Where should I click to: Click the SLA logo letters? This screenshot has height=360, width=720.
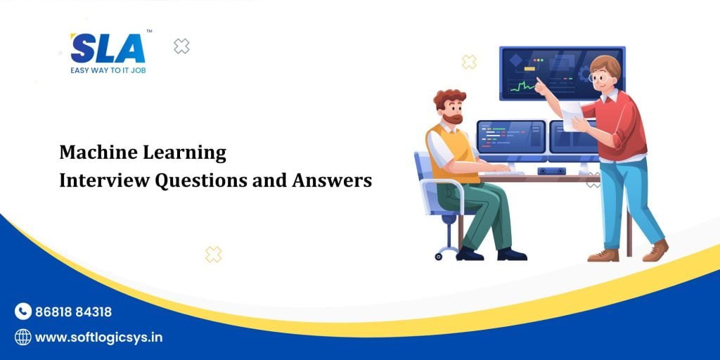[x=108, y=49]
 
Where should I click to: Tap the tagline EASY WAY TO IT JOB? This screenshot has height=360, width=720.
[x=108, y=70]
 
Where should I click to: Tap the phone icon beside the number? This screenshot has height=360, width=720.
[x=23, y=311]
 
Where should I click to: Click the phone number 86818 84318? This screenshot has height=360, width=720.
[x=73, y=312]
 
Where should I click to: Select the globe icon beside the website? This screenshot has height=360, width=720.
[x=23, y=337]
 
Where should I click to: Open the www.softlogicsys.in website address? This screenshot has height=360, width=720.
[x=98, y=337]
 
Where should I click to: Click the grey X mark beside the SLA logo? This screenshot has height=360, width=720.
[x=181, y=46]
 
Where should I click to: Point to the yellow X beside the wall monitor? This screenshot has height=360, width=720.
[x=469, y=62]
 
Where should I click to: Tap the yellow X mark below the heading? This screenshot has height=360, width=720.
[x=213, y=255]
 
